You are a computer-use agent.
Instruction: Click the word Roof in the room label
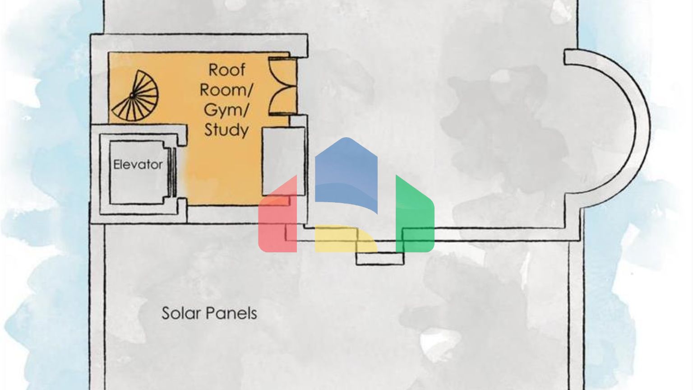[226, 70]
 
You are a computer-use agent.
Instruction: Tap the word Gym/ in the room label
[226, 110]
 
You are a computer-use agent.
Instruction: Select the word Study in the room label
[226, 130]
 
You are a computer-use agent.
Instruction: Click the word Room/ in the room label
[226, 90]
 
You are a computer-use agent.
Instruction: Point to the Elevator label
[138, 165]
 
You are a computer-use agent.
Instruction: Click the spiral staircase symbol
[136, 96]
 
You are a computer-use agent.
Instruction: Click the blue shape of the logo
[346, 172]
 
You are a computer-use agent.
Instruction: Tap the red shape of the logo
[277, 217]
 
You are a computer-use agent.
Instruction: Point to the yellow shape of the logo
[345, 238]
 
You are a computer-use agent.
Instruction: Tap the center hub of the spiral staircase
[132, 96]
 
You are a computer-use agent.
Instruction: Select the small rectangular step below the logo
[379, 259]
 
